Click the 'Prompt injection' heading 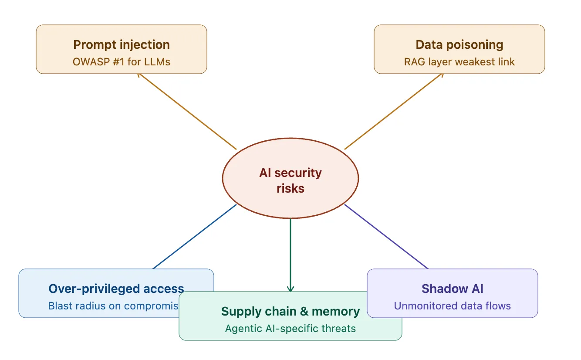coord(121,44)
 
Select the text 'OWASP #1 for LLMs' coord(121,61)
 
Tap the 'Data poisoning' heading coord(459,44)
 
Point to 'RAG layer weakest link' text coord(459,61)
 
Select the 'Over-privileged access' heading coord(116,289)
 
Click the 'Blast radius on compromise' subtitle coord(113,306)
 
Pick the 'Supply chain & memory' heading coord(290,311)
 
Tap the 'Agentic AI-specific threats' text coord(290,328)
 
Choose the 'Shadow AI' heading coord(452,289)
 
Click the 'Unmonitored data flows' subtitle coord(452,306)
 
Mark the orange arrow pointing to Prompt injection coord(187,112)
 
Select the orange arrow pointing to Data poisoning coord(394,112)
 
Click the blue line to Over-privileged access coord(195,237)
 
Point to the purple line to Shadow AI coord(386,237)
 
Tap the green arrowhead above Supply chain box coord(290,288)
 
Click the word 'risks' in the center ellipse coord(290,188)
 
